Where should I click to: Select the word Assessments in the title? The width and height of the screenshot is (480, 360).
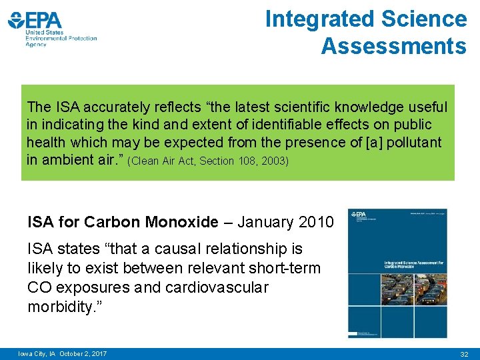point(393,46)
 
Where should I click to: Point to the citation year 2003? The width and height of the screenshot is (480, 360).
point(276,162)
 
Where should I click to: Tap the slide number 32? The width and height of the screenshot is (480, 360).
point(465,353)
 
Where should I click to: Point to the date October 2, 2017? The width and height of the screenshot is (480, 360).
point(83,353)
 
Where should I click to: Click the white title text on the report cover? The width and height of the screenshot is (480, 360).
point(413,265)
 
